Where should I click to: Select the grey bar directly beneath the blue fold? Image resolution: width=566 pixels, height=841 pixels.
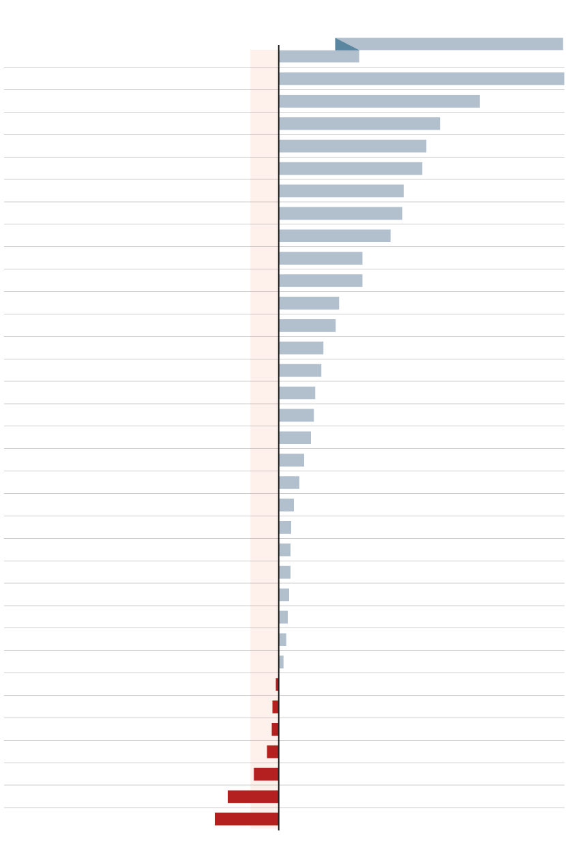(x=318, y=57)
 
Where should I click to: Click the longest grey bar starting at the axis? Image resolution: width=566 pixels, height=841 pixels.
(x=421, y=78)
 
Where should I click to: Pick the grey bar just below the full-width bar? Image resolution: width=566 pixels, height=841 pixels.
(x=379, y=101)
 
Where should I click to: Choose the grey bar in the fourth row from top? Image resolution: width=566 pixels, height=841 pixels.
(x=359, y=123)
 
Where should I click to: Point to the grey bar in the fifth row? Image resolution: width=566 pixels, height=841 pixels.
(x=353, y=146)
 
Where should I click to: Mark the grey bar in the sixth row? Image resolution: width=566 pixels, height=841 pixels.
(x=351, y=168)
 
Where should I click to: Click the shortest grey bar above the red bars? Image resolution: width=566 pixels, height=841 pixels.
(x=281, y=662)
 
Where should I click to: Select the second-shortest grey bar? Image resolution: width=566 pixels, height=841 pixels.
(x=282, y=639)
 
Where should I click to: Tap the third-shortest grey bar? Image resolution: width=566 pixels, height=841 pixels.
(x=283, y=617)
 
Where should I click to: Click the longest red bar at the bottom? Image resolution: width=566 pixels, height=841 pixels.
(x=246, y=818)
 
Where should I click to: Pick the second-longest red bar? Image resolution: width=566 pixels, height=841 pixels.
(x=253, y=796)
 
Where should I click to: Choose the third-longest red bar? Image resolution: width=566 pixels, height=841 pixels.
(x=266, y=773)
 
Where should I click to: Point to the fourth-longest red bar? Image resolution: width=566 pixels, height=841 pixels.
(x=273, y=751)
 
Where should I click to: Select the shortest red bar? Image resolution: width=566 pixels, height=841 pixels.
(x=277, y=684)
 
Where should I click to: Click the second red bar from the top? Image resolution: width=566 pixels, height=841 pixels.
(x=275, y=707)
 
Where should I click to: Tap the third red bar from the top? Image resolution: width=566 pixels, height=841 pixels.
(x=275, y=729)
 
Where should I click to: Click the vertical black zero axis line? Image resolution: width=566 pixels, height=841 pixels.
(x=279, y=437)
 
